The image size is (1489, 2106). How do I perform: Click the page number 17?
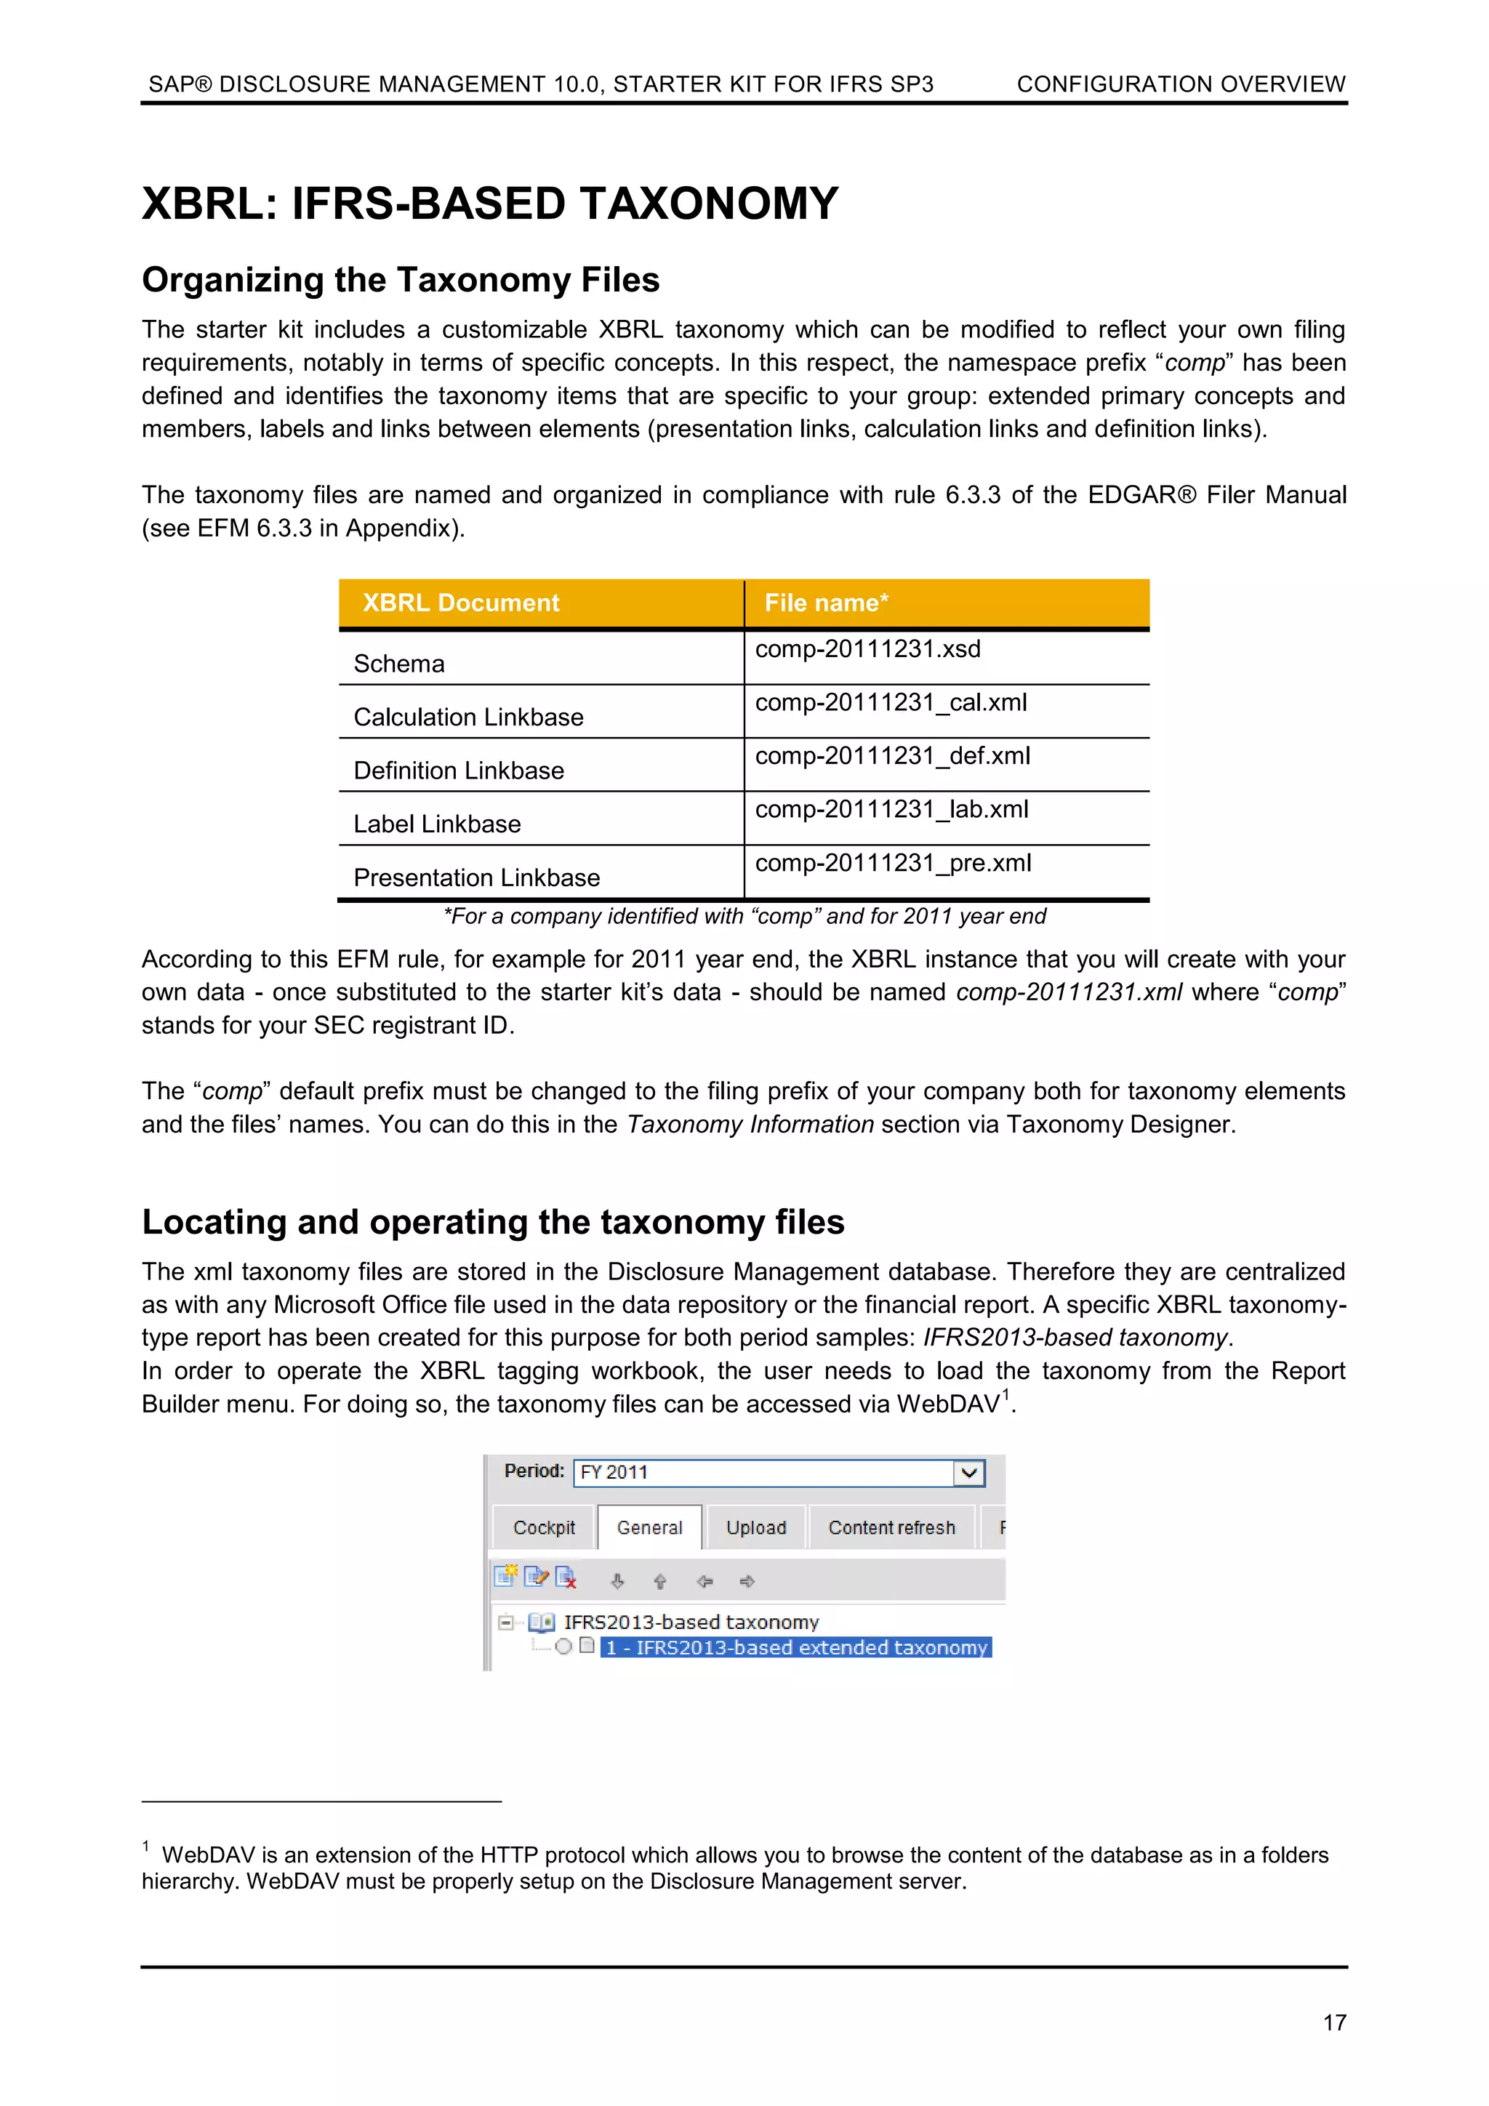pos(1334,2022)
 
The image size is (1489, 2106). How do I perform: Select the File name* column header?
pos(826,603)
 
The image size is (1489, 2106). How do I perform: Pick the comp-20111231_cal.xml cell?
pos(890,703)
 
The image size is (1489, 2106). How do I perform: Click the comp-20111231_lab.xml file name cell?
pos(891,810)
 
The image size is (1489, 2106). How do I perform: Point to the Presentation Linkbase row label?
pos(476,878)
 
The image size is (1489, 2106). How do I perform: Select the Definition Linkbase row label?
pos(459,771)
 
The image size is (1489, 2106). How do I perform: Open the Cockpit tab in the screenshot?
pos(544,1527)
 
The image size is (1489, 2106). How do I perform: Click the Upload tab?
pos(756,1527)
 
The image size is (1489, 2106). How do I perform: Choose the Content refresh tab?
pos(891,1527)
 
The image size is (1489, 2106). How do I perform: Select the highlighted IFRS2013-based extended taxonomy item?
pos(795,1647)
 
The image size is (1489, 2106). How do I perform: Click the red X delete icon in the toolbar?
pos(566,1578)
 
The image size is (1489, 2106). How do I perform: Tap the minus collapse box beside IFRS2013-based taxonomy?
pos(505,1623)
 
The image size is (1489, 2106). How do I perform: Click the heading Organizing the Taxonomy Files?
pos(400,280)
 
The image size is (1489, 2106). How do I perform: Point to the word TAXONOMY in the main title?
pos(708,204)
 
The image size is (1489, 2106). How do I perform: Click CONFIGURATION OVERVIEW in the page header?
pos(1181,84)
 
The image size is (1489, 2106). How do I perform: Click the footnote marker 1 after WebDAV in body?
pos(1006,1394)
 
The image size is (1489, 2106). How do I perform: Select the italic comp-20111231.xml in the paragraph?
pos(1069,992)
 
